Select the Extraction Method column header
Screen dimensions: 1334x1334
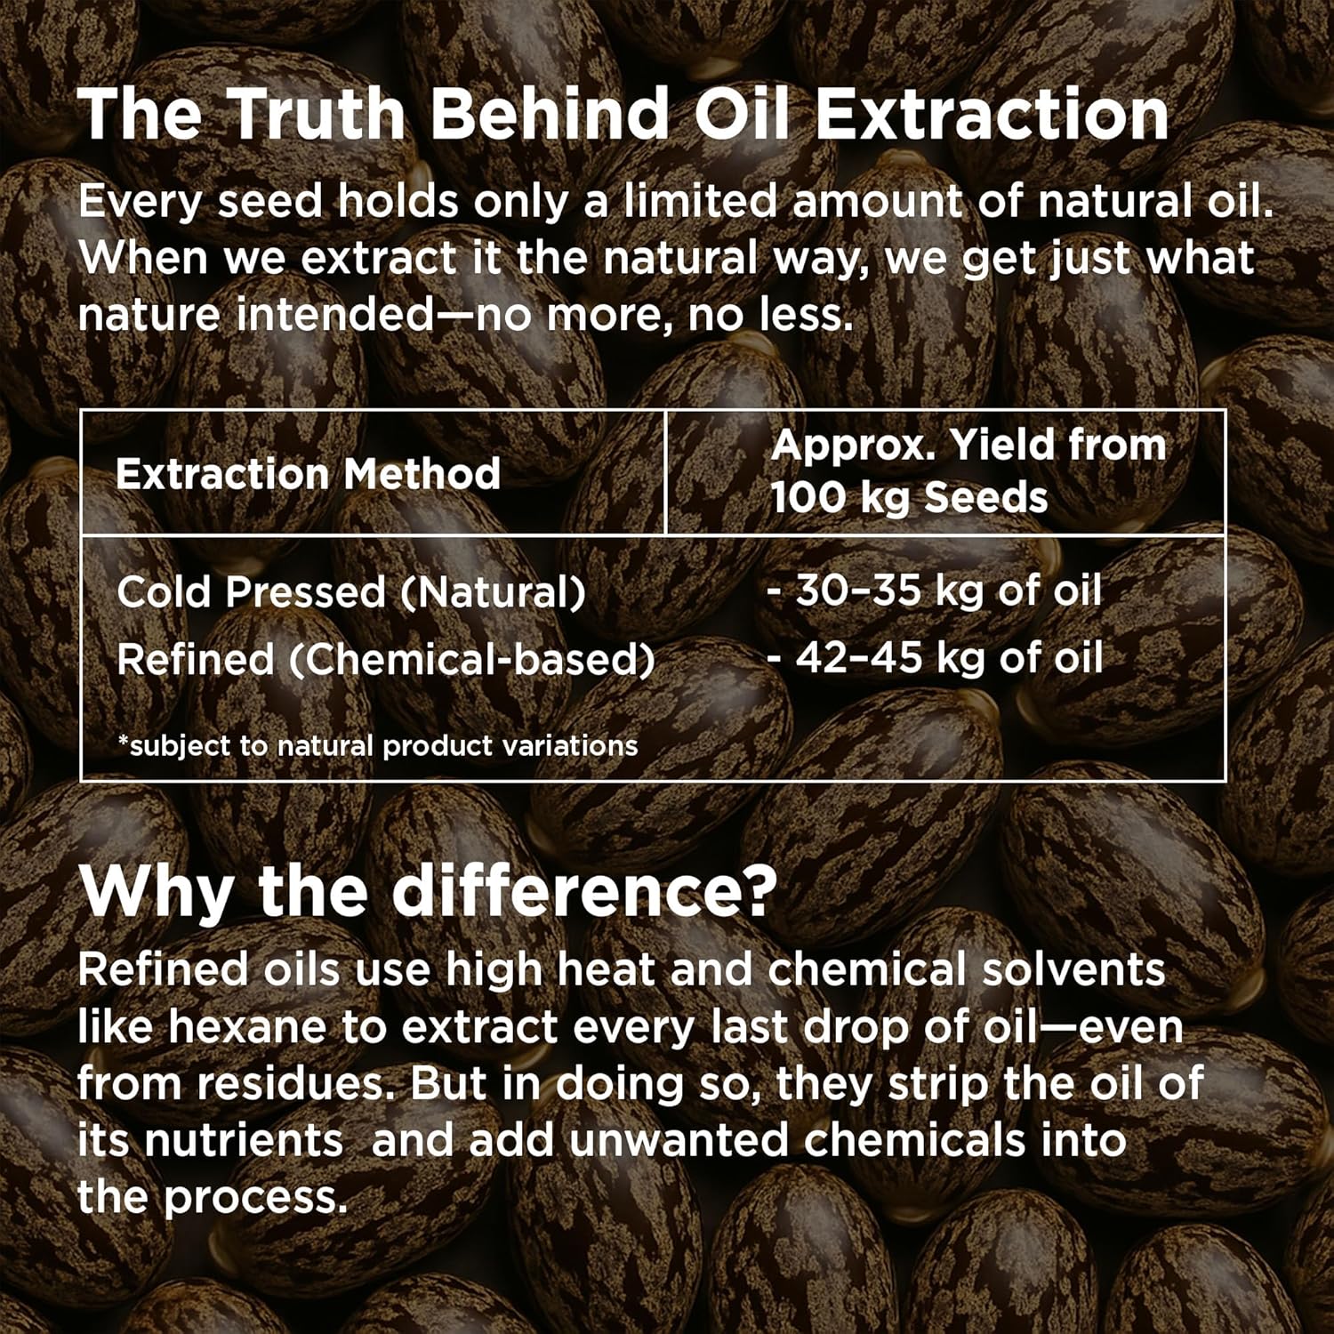(308, 474)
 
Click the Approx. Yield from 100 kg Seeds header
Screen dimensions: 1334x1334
(968, 471)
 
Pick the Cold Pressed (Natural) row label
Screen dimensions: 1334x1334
(351, 591)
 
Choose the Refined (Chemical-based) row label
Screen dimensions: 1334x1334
(386, 660)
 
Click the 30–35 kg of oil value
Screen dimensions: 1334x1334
(935, 590)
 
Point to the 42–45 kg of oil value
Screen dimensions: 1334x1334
(935, 657)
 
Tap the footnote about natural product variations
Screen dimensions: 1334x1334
(378, 745)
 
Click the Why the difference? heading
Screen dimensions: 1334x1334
(429, 891)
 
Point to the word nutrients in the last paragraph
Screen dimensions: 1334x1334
(244, 1141)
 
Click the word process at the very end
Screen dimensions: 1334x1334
(256, 1199)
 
